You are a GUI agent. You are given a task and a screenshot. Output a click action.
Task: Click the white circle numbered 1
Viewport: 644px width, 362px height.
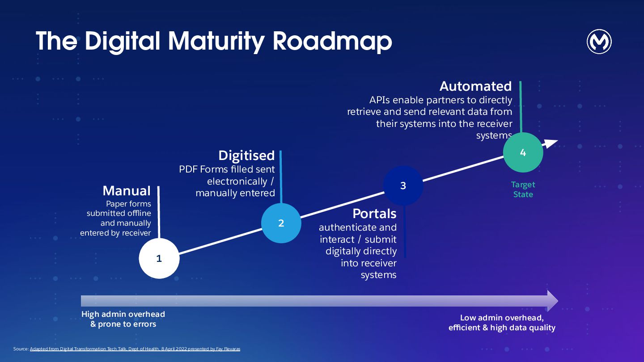click(159, 258)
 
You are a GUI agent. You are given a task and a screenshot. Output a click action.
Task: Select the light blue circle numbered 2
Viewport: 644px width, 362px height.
click(281, 223)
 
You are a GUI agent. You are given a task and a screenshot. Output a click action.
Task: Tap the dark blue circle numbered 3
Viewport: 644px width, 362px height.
click(403, 185)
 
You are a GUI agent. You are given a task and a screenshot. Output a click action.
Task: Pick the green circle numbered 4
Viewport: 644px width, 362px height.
click(523, 152)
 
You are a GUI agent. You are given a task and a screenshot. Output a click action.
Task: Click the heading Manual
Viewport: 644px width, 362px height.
click(127, 191)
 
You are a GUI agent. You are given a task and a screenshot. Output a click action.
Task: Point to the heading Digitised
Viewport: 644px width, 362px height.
click(246, 156)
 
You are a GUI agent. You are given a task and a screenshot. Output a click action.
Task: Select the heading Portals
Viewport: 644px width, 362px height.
click(374, 214)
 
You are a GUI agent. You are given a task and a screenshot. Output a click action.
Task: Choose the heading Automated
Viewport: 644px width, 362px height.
click(475, 86)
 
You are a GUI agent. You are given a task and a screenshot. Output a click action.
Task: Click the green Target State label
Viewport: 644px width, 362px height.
click(523, 189)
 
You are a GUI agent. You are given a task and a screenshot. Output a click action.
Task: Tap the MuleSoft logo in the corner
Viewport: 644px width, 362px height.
click(599, 42)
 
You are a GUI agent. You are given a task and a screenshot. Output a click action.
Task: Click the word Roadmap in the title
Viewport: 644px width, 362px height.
click(332, 41)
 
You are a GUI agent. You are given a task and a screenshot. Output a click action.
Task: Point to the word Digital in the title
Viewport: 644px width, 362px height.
click(123, 41)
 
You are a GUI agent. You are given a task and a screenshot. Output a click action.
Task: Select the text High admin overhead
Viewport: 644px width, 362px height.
click(123, 314)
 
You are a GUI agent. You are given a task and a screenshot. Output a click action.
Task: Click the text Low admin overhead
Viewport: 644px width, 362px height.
click(502, 318)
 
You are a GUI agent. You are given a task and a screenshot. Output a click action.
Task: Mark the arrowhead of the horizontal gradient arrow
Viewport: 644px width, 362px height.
click(553, 301)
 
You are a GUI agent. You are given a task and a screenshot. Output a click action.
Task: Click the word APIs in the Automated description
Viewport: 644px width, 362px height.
click(379, 100)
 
